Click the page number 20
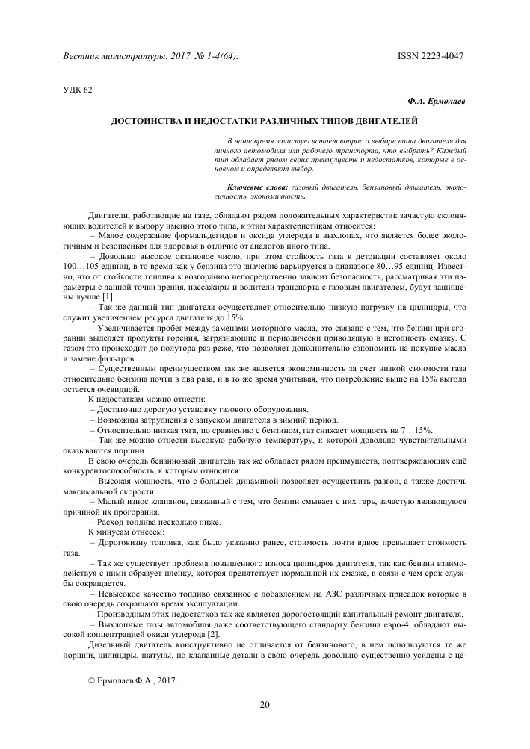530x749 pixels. point(265,704)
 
